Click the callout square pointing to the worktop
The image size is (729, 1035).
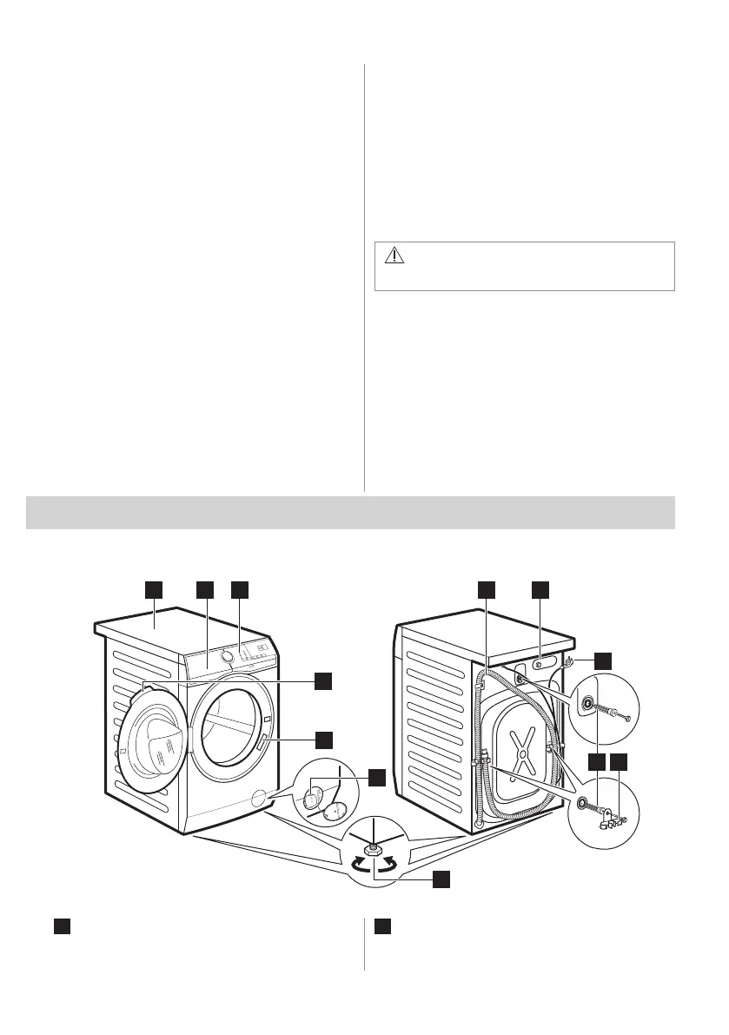(154, 589)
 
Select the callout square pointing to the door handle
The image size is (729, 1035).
(323, 740)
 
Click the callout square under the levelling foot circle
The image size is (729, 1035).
(441, 879)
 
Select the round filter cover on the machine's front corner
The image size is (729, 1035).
(258, 797)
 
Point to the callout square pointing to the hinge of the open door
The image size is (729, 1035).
(323, 680)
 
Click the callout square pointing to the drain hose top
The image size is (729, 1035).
(487, 589)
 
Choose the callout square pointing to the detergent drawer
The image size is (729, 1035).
(206, 589)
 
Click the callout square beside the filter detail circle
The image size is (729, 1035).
(375, 778)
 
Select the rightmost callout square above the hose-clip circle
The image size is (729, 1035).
(620, 762)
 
